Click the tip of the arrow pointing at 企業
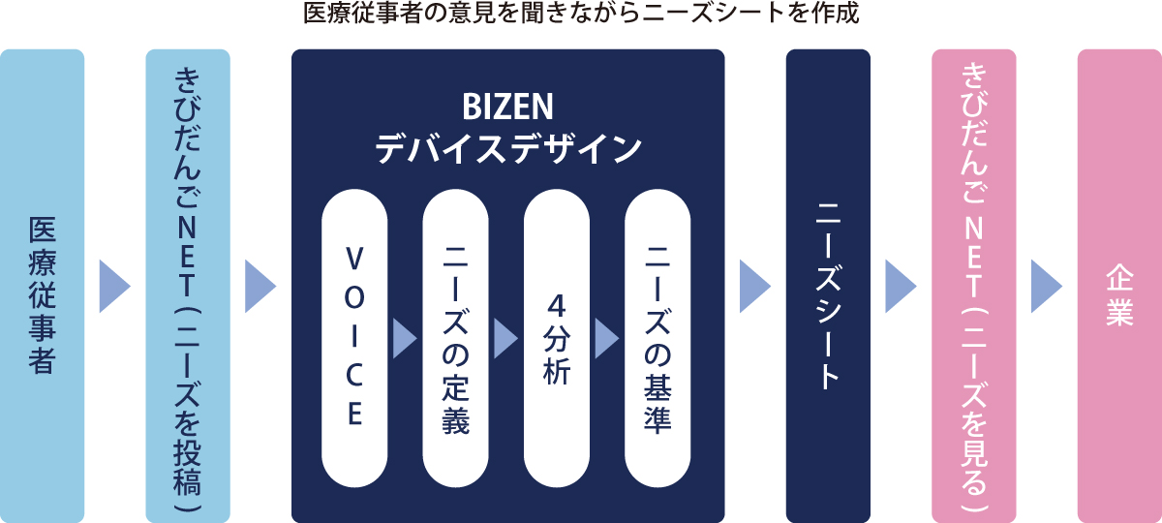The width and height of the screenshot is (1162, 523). click(x=1062, y=286)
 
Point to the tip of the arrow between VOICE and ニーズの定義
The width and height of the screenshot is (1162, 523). click(x=417, y=338)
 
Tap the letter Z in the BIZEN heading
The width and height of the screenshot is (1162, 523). click(x=509, y=107)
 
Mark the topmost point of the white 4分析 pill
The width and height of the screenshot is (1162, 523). click(x=557, y=190)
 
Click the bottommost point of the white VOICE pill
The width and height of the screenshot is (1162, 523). click(x=354, y=487)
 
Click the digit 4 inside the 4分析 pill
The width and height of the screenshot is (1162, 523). click(x=557, y=305)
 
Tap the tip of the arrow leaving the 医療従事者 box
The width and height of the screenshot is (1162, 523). click(x=130, y=286)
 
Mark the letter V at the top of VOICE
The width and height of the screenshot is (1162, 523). click(x=354, y=259)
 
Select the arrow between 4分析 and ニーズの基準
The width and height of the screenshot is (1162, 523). click(x=607, y=338)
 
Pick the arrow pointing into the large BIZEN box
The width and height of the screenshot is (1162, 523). click(x=260, y=286)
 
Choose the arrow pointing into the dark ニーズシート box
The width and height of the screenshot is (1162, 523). click(x=755, y=286)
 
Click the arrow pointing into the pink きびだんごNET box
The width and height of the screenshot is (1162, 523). click(x=902, y=286)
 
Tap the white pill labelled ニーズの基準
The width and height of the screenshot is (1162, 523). click(x=657, y=338)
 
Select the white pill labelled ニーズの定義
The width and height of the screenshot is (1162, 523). click(x=455, y=338)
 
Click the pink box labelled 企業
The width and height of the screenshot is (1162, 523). click(x=1119, y=286)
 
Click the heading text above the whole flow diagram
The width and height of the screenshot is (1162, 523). click(x=581, y=13)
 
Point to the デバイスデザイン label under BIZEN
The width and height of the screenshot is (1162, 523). click(x=508, y=149)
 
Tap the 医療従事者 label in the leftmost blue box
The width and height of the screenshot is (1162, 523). click(x=42, y=294)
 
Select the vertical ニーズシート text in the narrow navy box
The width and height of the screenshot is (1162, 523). click(x=828, y=296)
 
